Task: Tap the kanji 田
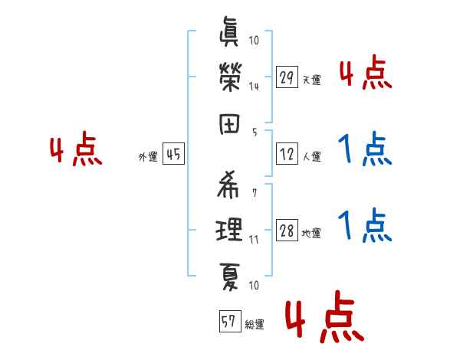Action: click(x=229, y=123)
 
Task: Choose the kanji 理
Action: click(x=229, y=229)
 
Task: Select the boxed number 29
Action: click(x=287, y=77)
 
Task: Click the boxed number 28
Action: click(x=287, y=231)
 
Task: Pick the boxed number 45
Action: click(x=173, y=155)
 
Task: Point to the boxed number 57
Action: click(x=228, y=322)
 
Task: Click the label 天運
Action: click(x=311, y=80)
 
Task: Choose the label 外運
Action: click(x=148, y=157)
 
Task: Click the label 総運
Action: click(x=255, y=325)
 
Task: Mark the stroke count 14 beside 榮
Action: click(x=254, y=86)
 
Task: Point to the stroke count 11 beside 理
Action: click(x=254, y=239)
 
